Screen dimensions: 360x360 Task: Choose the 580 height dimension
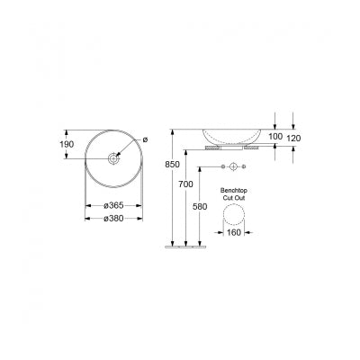[x=200, y=206]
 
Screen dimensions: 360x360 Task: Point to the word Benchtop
[x=233, y=191]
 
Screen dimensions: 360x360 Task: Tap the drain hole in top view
[x=112, y=158]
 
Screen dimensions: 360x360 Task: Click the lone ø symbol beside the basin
[x=143, y=139]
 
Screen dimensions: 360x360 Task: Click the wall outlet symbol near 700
[x=231, y=168]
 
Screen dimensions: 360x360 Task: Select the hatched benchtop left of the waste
[x=213, y=146]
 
